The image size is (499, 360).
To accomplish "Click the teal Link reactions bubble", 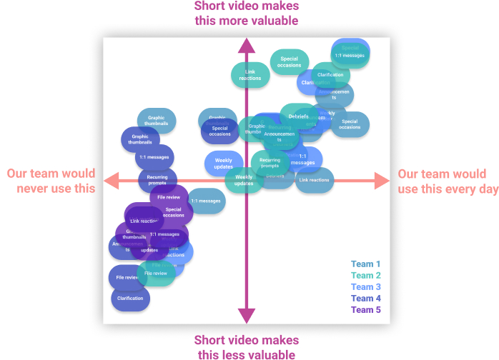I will [250, 74].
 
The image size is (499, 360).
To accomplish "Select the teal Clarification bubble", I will [330, 74].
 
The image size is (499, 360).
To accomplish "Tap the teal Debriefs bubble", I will [299, 116].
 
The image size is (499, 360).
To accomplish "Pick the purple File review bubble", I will [169, 197].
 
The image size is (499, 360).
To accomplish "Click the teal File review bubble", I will [155, 274].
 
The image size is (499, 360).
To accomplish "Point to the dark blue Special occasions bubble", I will [219, 131].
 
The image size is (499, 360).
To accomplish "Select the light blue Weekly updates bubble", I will [223, 164].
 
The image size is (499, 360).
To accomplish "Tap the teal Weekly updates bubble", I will [244, 179].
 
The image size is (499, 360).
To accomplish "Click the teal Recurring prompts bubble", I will [270, 163].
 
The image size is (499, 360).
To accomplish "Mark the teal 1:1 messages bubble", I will [350, 54].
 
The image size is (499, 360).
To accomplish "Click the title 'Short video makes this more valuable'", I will [247, 14].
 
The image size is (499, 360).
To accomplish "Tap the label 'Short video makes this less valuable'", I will [247, 346].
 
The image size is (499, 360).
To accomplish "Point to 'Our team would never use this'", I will [50, 181].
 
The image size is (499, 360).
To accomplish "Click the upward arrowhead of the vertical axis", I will [247, 46].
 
